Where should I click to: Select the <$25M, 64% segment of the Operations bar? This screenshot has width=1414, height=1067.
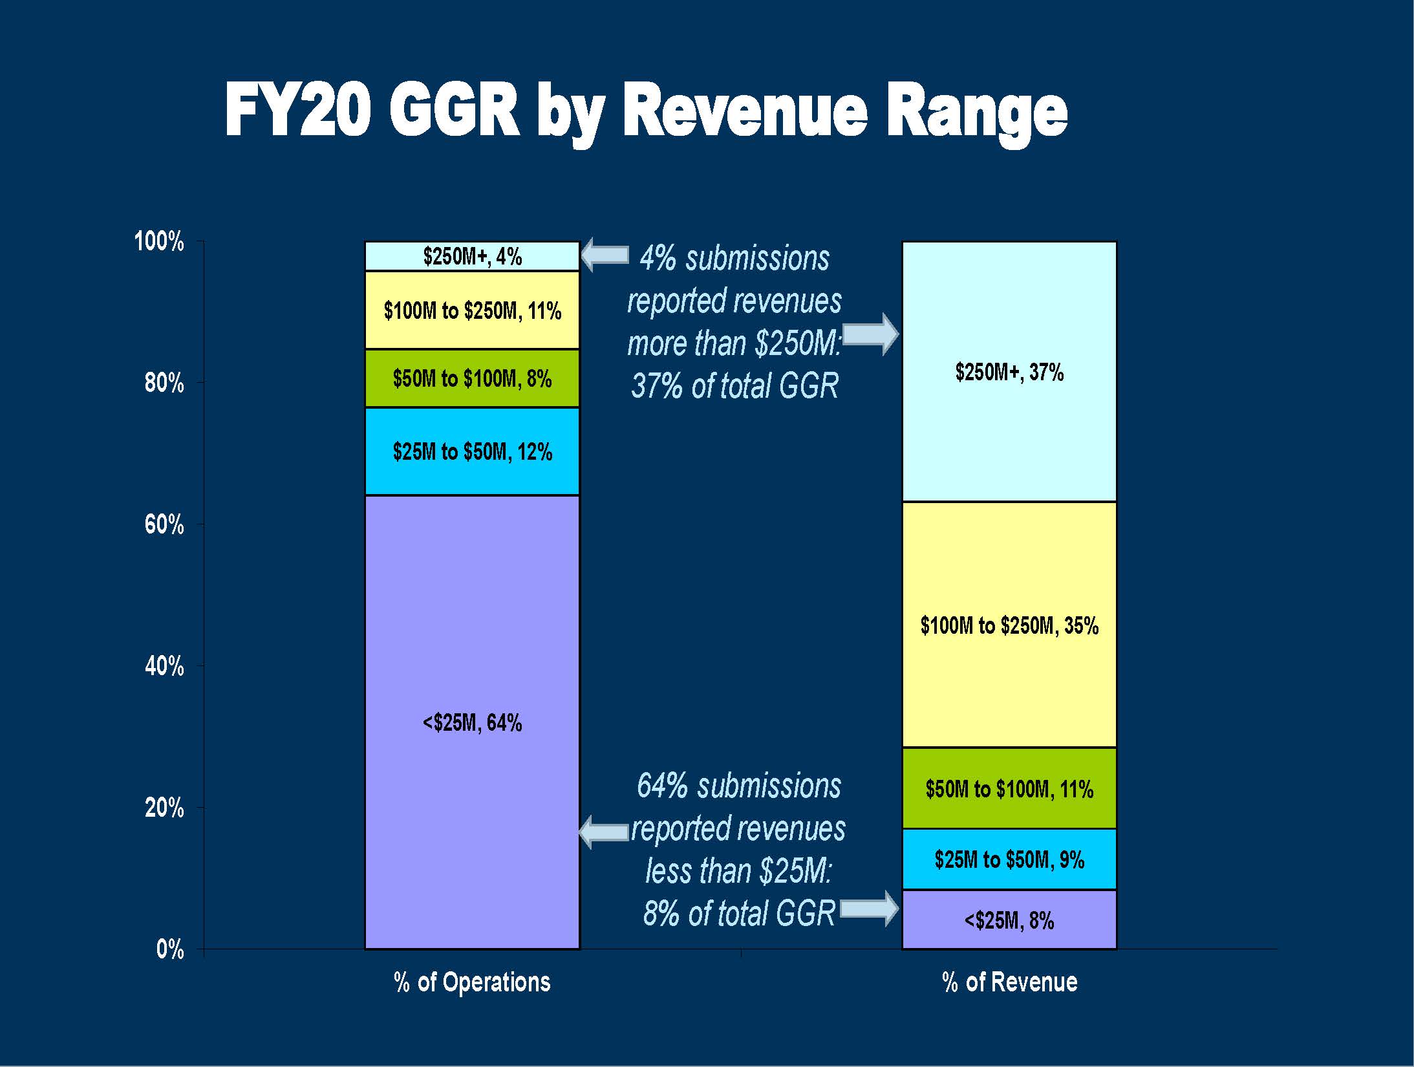[x=472, y=722]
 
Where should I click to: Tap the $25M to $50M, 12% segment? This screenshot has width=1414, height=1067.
[x=472, y=451]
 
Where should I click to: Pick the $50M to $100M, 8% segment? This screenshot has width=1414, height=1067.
[x=472, y=378]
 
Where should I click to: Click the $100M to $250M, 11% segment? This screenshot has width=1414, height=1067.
[x=472, y=310]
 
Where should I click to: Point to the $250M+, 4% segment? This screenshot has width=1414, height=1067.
[x=472, y=256]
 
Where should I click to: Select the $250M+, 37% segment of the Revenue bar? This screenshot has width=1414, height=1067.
[x=1009, y=372]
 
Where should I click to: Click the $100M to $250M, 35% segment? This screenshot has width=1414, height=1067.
[x=1009, y=625]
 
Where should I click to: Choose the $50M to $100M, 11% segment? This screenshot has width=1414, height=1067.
[x=1009, y=789]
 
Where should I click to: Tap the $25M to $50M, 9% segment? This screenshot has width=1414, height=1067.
[x=1009, y=859]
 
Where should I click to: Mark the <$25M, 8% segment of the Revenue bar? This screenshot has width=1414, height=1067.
[x=1009, y=920]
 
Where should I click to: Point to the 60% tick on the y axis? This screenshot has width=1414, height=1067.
[x=164, y=524]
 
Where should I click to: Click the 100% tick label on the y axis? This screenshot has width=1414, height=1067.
[x=159, y=242]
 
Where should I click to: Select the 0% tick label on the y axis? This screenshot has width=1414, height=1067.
[x=170, y=949]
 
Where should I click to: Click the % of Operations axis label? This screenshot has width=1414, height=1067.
[x=472, y=982]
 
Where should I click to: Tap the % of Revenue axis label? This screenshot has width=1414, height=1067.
[x=1009, y=982]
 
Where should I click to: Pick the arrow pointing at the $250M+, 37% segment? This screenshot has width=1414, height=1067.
[x=871, y=334]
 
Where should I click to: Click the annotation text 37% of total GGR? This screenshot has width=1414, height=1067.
[x=734, y=386]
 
